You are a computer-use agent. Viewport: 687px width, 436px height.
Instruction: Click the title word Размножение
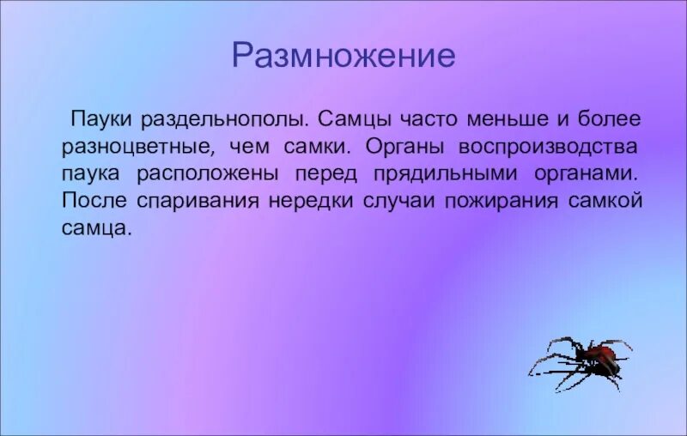[x=343, y=57]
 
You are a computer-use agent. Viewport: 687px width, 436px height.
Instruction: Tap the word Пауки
[x=101, y=116]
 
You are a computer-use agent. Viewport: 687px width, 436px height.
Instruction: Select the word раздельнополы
[x=224, y=116]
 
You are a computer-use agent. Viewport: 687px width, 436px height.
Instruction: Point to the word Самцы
[x=356, y=116]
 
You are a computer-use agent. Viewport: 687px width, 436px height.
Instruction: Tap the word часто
[x=429, y=116]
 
